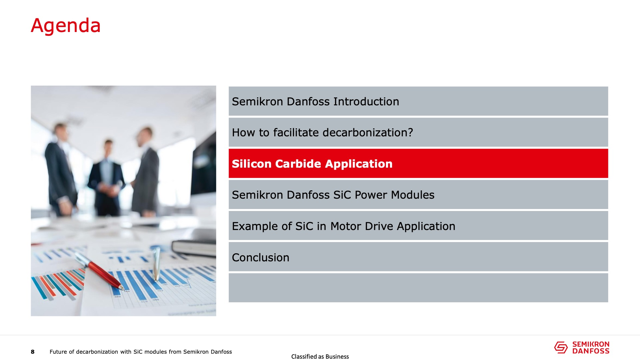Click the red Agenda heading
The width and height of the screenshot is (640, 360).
pyautogui.click(x=66, y=26)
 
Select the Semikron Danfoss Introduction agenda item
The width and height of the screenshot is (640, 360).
pyautogui.click(x=315, y=101)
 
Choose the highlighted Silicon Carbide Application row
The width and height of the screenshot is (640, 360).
pyautogui.click(x=418, y=163)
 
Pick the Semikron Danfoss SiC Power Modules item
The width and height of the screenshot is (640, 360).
pyautogui.click(x=333, y=195)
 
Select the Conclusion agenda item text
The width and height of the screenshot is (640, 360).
pyautogui.click(x=260, y=257)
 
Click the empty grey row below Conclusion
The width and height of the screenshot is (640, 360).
pyautogui.click(x=418, y=288)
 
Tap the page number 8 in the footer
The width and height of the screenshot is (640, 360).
pyautogui.click(x=33, y=352)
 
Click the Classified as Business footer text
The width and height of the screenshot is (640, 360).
pyautogui.click(x=320, y=357)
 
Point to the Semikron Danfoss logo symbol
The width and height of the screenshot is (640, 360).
pyautogui.click(x=561, y=347)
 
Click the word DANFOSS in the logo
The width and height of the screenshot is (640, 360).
pyautogui.click(x=591, y=351)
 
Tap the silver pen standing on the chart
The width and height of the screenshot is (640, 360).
pyautogui.click(x=156, y=264)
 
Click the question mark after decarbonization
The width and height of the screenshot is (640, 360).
pyautogui.click(x=410, y=132)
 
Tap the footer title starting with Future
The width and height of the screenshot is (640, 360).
pyautogui.click(x=141, y=352)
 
